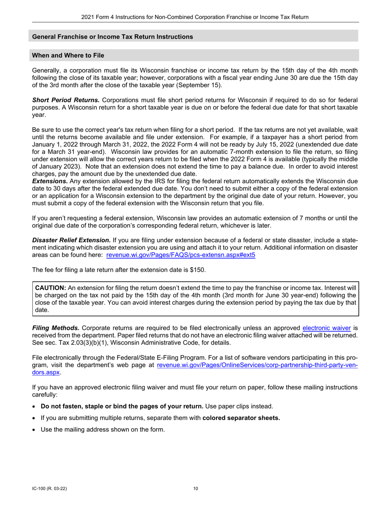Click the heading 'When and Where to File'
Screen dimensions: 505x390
point(68,55)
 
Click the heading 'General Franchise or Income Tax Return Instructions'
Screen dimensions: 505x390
point(112,37)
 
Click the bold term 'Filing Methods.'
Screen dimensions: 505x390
point(56,328)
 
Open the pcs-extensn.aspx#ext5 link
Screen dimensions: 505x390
point(181,255)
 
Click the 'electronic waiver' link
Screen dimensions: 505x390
point(326,328)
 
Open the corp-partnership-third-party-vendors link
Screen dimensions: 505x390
point(257,365)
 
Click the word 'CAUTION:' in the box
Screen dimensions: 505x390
point(50,288)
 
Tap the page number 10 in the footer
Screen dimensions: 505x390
point(195,489)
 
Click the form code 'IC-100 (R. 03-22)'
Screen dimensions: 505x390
point(50,489)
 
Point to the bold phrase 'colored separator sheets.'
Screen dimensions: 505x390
point(241,418)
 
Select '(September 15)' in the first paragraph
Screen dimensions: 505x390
point(200,85)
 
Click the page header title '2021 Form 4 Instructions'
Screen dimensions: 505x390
point(195,17)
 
